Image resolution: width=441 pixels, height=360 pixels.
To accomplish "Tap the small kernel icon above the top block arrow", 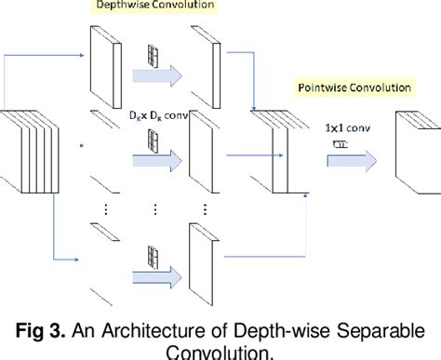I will [150, 54].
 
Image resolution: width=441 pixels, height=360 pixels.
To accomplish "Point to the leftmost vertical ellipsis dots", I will [103, 210].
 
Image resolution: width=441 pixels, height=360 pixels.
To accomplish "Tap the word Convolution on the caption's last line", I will [220, 352].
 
